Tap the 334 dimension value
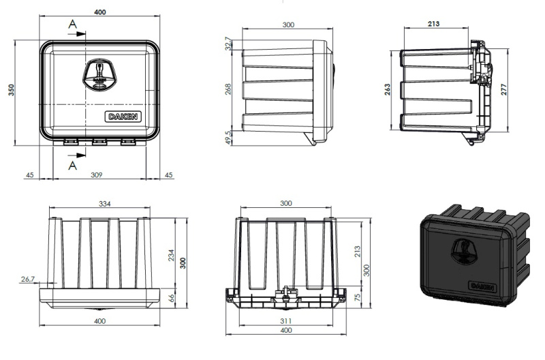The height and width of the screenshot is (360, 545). [x=104, y=203]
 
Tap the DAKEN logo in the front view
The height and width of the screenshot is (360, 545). [x=123, y=117]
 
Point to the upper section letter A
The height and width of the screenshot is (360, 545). [x=72, y=26]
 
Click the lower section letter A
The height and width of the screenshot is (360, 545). [x=72, y=164]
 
